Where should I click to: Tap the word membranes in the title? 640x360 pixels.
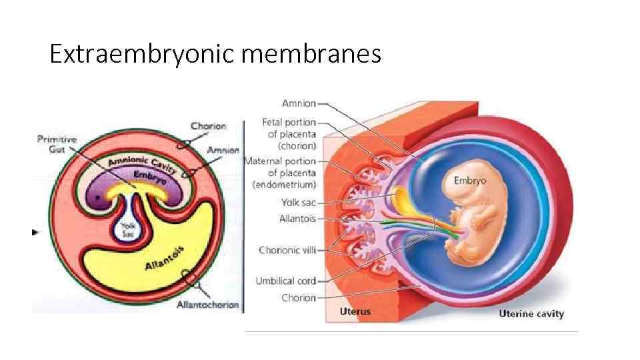click(311, 53)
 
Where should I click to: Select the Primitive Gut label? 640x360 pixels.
click(57, 143)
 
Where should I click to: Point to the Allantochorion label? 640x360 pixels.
click(207, 305)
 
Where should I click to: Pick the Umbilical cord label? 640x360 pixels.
click(286, 281)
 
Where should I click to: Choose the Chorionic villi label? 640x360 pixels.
click(287, 250)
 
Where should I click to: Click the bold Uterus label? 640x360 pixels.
click(355, 311)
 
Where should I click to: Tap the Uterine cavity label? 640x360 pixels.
click(531, 314)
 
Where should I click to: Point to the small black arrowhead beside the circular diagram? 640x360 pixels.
click(36, 232)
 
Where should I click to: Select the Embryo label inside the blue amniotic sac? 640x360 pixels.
click(470, 180)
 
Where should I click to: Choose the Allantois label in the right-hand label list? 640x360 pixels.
click(297, 218)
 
